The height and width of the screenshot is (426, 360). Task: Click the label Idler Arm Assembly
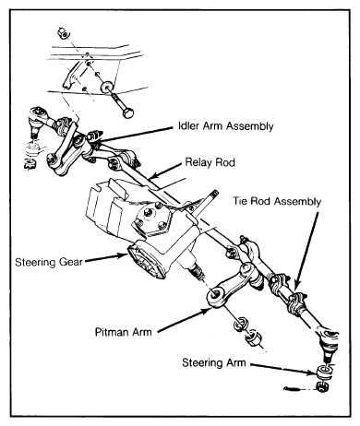tap(226, 126)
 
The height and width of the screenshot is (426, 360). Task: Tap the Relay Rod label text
tap(210, 162)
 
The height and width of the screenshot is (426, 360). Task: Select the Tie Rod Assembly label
tap(277, 201)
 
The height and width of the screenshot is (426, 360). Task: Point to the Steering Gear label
tap(49, 262)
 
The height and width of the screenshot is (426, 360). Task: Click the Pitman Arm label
tap(124, 332)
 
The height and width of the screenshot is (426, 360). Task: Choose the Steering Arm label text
tap(214, 362)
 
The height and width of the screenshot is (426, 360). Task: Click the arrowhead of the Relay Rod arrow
tap(154, 176)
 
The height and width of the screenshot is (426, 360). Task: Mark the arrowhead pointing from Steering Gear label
tap(123, 255)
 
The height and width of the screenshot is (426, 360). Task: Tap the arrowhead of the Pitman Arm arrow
tap(206, 312)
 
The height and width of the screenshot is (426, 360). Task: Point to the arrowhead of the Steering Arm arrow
tap(313, 373)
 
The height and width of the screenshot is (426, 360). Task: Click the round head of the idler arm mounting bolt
tap(128, 112)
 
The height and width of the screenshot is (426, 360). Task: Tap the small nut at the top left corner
tap(64, 32)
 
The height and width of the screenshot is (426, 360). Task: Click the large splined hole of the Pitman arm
tap(214, 294)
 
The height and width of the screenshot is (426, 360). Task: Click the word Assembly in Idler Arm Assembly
tap(249, 126)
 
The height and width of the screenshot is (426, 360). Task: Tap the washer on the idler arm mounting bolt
tap(107, 87)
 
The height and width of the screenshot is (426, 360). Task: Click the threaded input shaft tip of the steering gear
tap(214, 194)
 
